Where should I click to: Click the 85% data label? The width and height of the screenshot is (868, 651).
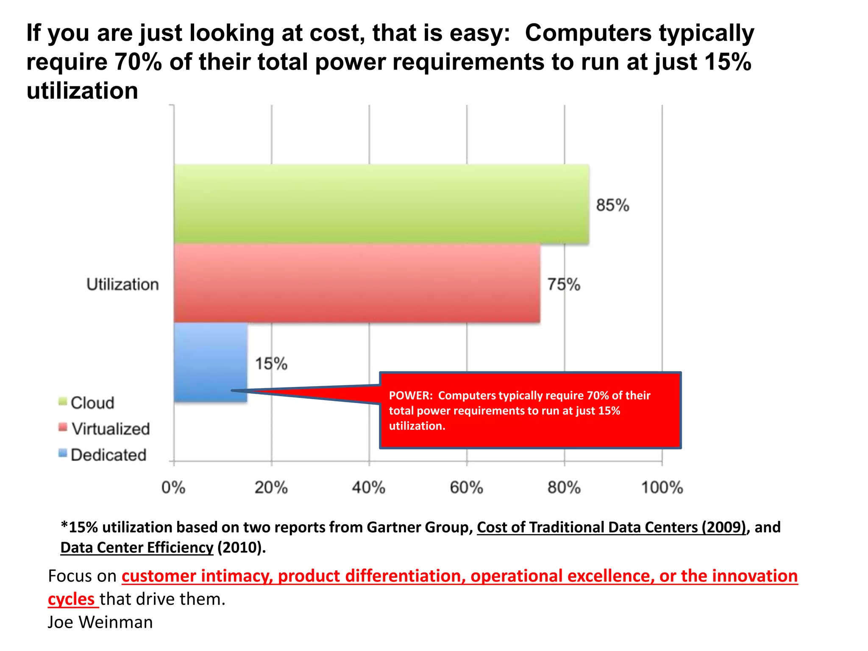[x=612, y=205]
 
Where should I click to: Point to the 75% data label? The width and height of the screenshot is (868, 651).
[x=563, y=284]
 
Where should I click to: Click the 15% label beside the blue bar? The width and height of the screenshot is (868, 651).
[x=271, y=364]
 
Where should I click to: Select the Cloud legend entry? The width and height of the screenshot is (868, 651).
[x=92, y=403]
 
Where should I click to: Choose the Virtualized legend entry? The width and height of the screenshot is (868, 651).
[x=110, y=429]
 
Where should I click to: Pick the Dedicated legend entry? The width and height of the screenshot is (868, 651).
[x=108, y=455]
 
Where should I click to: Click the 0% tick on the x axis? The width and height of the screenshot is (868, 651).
[x=173, y=487]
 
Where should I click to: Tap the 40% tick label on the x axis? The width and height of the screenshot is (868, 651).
[x=368, y=487]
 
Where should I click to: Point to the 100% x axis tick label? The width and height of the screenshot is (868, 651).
[x=662, y=487]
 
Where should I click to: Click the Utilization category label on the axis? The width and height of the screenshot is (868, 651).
[x=122, y=284]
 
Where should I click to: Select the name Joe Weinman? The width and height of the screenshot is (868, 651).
[x=100, y=622]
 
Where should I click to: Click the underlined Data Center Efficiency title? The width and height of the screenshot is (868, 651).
[x=137, y=548]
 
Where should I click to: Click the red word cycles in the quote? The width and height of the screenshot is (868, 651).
[x=71, y=599]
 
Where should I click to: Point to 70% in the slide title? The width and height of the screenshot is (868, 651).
[x=138, y=62]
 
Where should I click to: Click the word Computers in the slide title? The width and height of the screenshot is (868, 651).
[x=588, y=33]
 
